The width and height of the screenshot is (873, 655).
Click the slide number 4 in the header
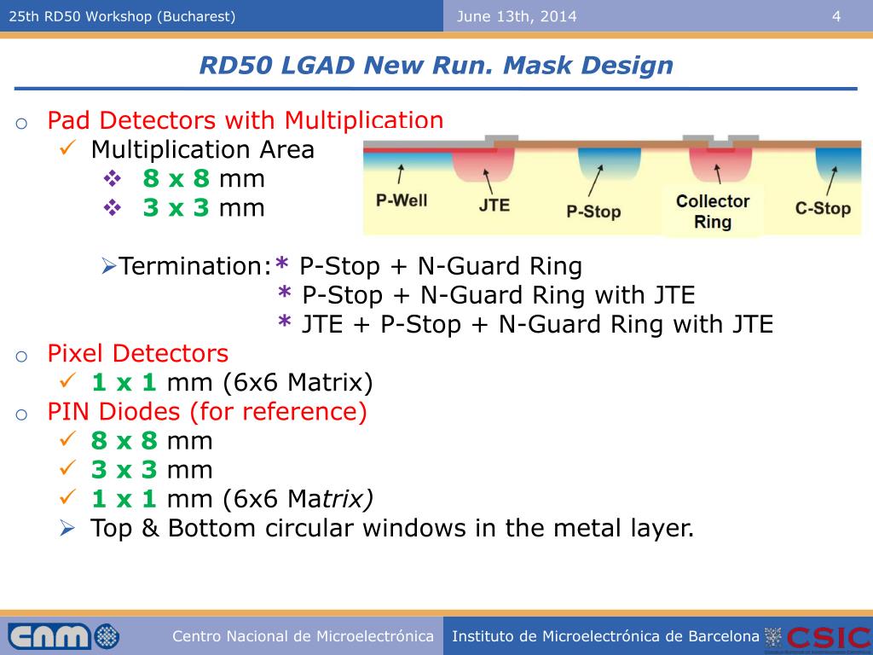pos(836,16)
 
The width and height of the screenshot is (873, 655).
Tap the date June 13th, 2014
pos(517,16)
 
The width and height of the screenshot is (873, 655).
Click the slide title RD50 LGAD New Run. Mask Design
pos(436,66)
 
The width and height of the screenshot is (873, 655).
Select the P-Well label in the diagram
pos(402,201)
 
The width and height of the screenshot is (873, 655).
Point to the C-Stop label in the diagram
pos(823,208)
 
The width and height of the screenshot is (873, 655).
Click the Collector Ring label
pos(713,212)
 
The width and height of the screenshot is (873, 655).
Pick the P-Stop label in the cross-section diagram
pos(593,211)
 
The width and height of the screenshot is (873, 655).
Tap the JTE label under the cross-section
pos(494,206)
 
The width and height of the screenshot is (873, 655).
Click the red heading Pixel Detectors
pos(138,353)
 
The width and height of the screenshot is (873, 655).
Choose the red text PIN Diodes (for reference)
pos(207,412)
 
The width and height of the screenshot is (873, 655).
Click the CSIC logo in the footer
pos(826,637)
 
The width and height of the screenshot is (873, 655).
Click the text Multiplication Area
pos(202,150)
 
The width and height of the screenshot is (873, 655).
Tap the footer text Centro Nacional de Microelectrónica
pos(303,636)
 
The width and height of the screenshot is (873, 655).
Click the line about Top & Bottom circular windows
pos(392,528)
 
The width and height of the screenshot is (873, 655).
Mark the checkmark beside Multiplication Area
pos(70,148)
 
